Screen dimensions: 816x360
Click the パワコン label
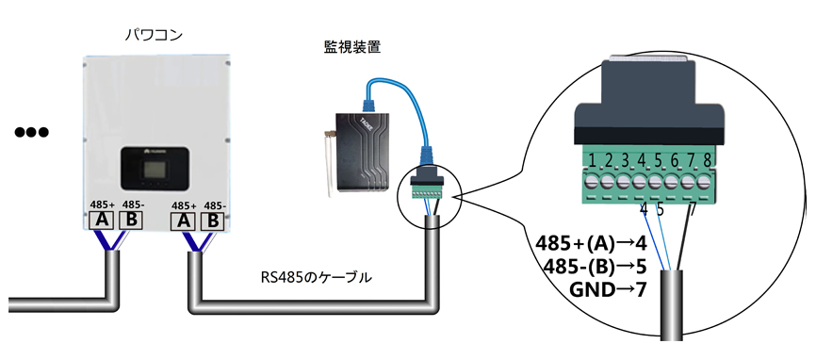coord(154,36)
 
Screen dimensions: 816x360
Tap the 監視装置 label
coord(352,47)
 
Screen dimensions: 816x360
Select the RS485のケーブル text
coord(317,278)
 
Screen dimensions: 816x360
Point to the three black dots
coord(31,132)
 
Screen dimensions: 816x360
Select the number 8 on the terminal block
coord(706,159)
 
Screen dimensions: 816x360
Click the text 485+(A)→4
coord(591,243)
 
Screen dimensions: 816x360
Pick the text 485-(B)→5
coord(595,267)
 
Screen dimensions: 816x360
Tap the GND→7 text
coord(609,289)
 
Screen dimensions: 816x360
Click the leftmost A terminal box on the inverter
coord(102,221)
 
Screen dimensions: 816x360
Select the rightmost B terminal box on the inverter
coord(212,221)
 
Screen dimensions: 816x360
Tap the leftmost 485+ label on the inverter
coord(102,205)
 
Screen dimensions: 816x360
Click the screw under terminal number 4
coord(640,183)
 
